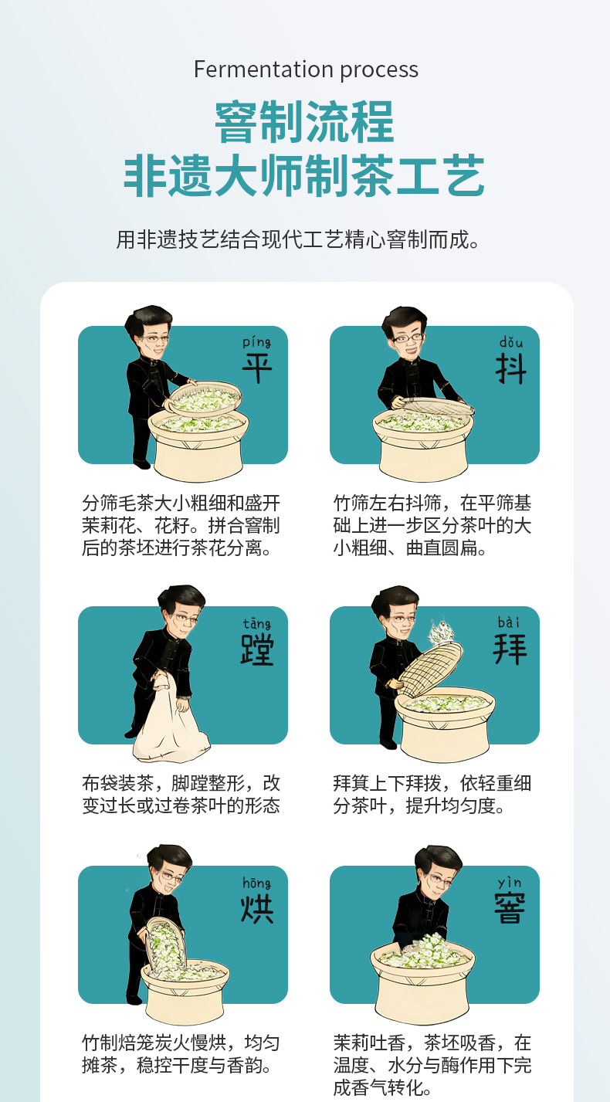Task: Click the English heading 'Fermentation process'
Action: point(306,70)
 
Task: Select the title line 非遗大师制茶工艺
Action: point(304,175)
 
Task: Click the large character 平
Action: point(257,368)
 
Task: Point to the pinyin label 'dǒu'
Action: point(511,342)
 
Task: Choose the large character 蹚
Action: point(257,649)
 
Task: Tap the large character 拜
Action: point(510,649)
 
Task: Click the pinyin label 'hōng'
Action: point(256,884)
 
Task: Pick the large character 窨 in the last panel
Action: point(510,908)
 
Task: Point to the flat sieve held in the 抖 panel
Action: point(437,406)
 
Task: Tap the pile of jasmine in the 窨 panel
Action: point(423,952)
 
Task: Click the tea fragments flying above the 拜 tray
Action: point(441,631)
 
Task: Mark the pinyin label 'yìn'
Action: point(509,883)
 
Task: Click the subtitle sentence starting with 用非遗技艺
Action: point(298,240)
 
